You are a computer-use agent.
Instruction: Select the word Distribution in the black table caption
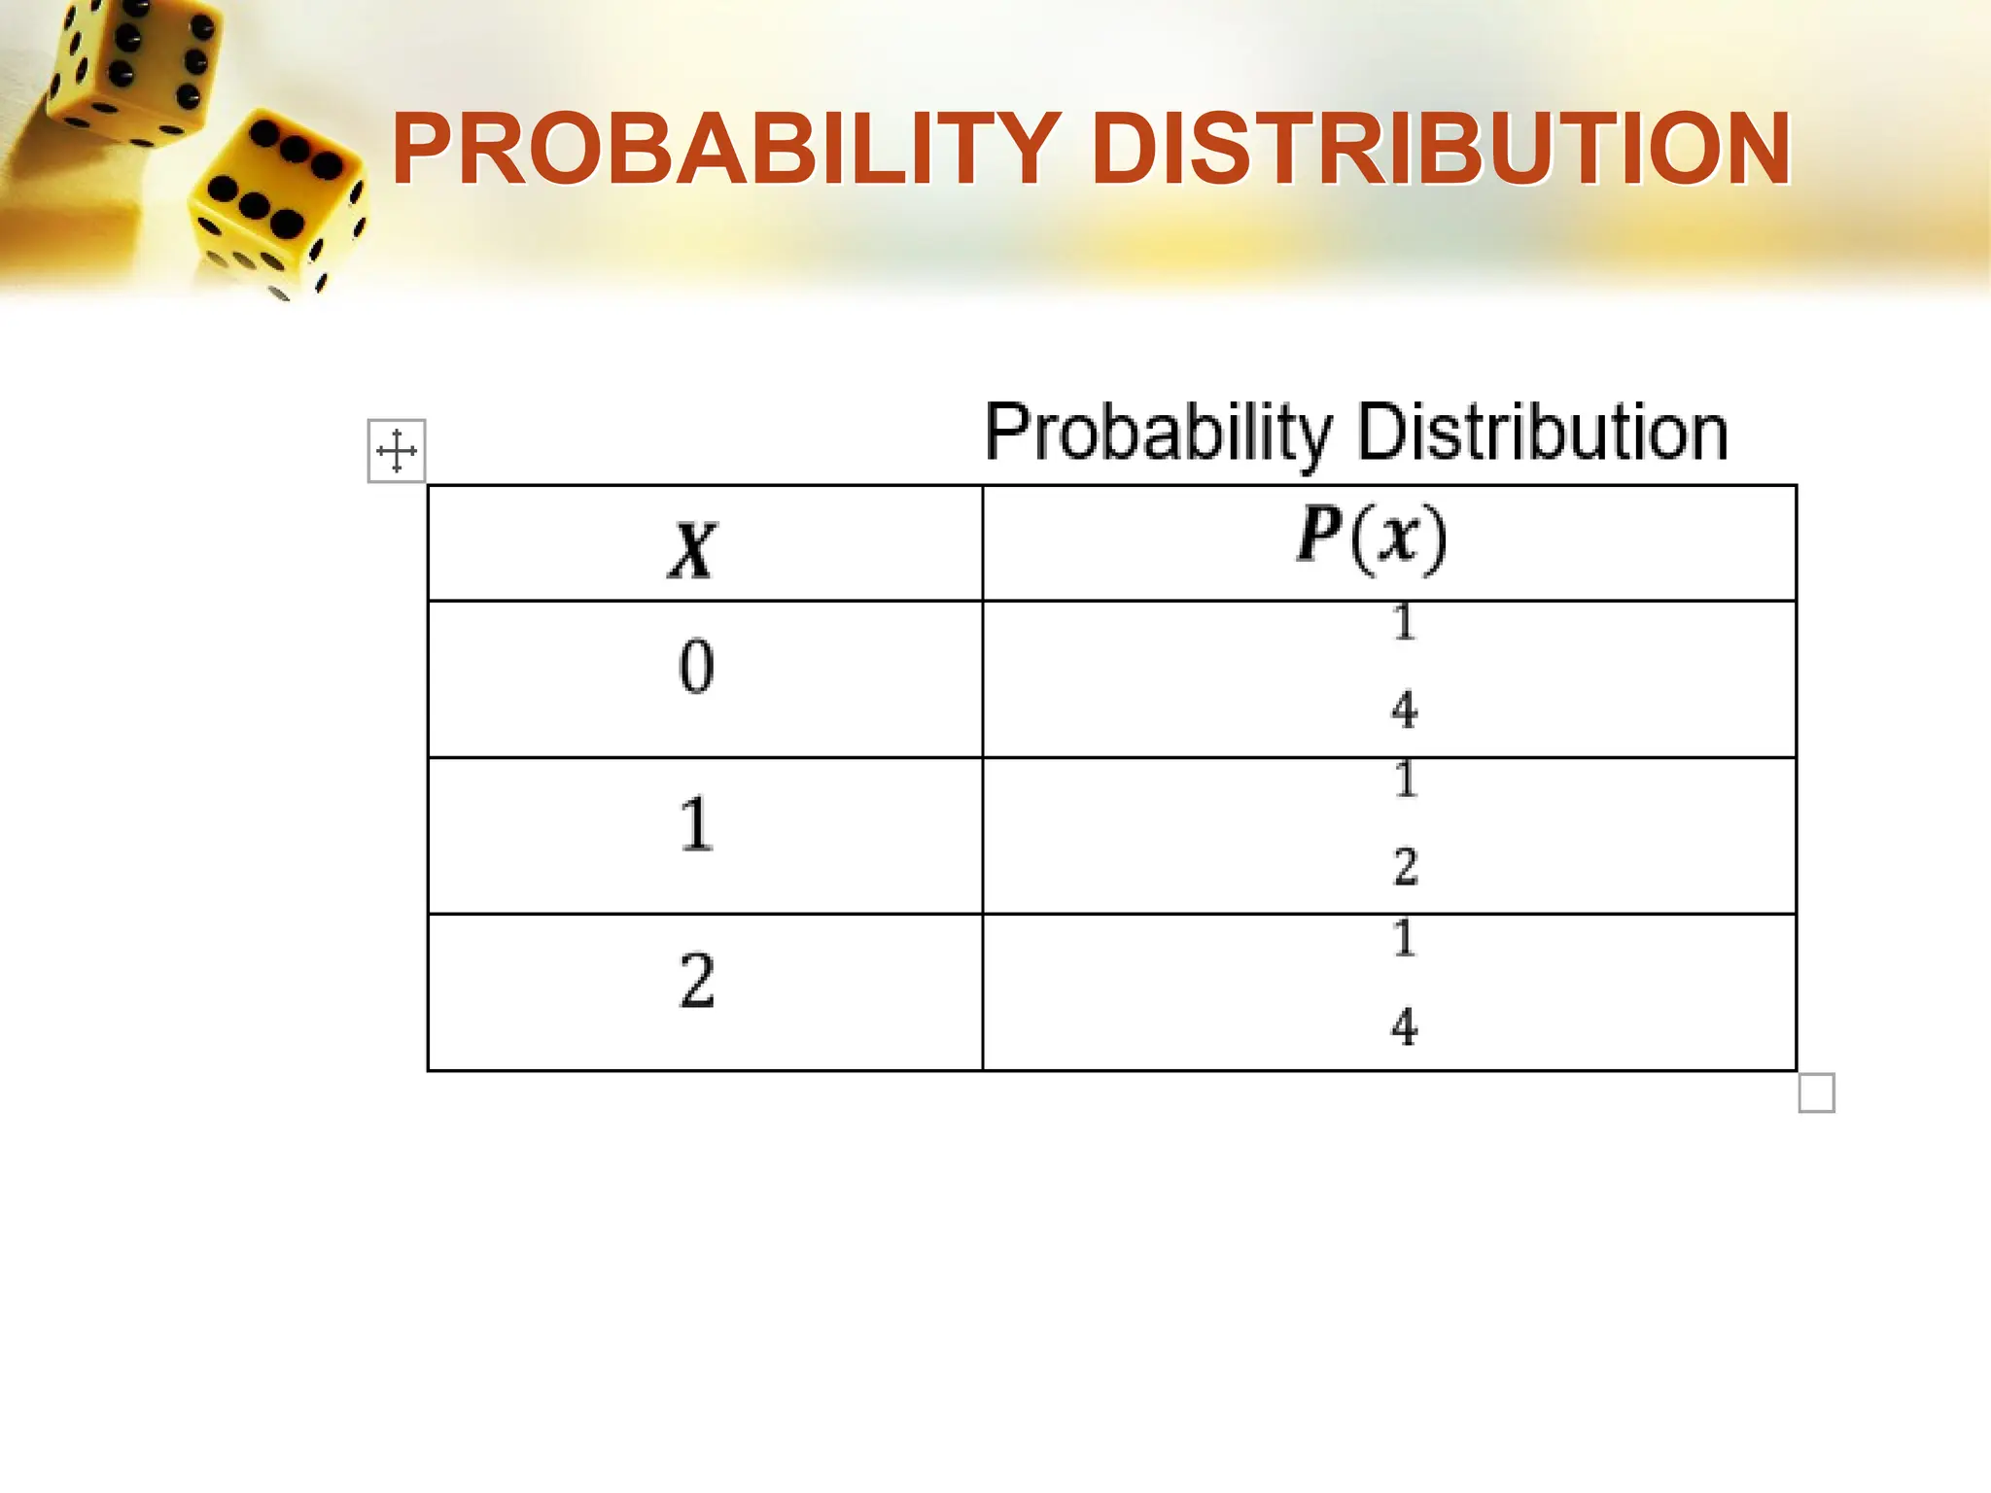[1542, 432]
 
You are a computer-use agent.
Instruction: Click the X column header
[693, 550]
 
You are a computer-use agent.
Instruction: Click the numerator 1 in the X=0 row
[1404, 623]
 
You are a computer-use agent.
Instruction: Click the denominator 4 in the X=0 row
[1404, 710]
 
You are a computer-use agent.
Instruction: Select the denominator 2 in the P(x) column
[1406, 866]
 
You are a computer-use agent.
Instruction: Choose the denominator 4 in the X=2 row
[1404, 1026]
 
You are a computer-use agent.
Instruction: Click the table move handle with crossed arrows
[397, 451]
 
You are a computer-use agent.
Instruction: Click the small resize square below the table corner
[1816, 1093]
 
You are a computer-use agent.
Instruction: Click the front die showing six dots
[277, 204]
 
